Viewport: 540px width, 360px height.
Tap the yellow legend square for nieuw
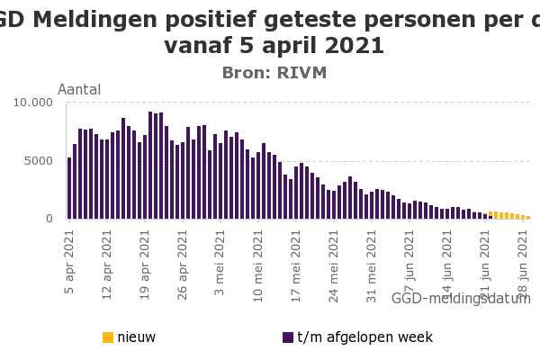coord(108,337)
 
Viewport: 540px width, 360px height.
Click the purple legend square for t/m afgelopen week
coord(288,337)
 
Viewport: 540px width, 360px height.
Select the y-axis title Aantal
coord(79,89)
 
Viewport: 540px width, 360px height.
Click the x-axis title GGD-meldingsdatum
coord(461,298)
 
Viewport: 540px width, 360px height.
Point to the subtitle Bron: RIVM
coord(274,73)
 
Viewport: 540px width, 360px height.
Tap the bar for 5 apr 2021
coord(69,189)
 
